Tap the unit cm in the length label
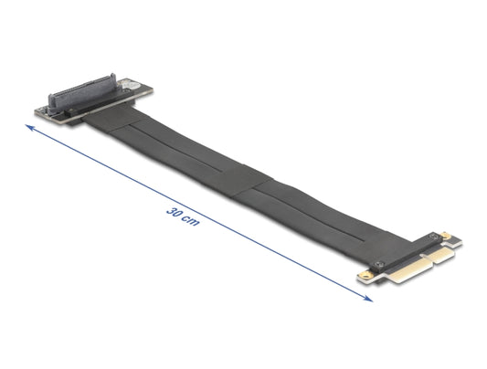pos(190,221)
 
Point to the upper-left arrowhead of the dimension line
pos(30,127)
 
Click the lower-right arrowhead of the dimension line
pos(368,299)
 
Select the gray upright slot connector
pos(82,92)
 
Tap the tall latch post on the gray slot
pos(112,79)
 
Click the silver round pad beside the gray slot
pos(128,85)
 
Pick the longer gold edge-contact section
pos(405,270)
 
